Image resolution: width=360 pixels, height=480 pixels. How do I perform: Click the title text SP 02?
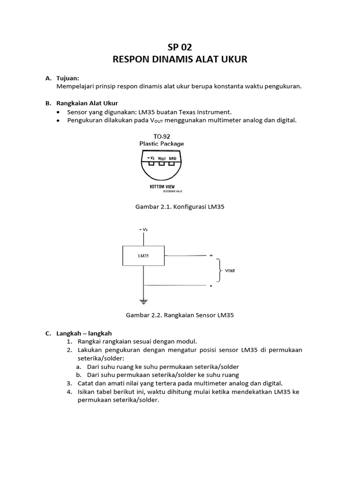pyautogui.click(x=180, y=47)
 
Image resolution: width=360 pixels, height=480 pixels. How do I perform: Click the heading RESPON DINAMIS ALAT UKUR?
pyautogui.click(x=180, y=60)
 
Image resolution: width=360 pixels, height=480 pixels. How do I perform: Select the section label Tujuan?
pyautogui.click(x=68, y=78)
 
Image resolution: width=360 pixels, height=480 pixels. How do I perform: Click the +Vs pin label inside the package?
pyautogui.click(x=150, y=158)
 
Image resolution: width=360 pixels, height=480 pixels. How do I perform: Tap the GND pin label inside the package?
pyautogui.click(x=172, y=158)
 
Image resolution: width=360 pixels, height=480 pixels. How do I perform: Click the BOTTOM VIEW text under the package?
pyautogui.click(x=162, y=187)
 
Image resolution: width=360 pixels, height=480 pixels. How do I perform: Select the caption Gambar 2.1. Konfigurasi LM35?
pyautogui.click(x=180, y=206)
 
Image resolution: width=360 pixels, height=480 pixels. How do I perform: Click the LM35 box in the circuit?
pyautogui.click(x=143, y=256)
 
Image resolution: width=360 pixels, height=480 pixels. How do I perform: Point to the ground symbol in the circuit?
pyautogui.click(x=143, y=301)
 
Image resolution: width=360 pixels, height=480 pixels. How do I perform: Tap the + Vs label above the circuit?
pyautogui.click(x=143, y=230)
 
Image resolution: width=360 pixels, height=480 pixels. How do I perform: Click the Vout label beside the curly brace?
pyautogui.click(x=230, y=270)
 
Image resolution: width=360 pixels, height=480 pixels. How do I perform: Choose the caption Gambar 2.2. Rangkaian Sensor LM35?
pyautogui.click(x=180, y=315)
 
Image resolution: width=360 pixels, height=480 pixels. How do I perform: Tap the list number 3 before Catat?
pyautogui.click(x=68, y=383)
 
